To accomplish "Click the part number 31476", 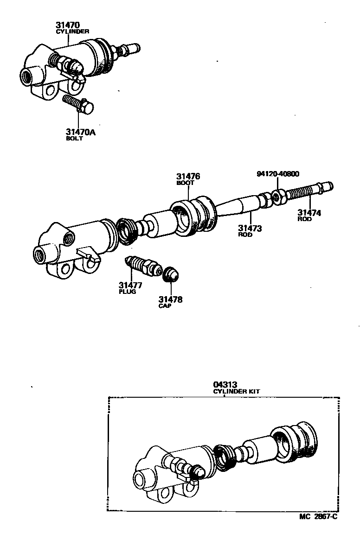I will (x=188, y=176).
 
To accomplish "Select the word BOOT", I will (x=185, y=183).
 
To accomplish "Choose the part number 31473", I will (x=250, y=228).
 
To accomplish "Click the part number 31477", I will (x=130, y=285).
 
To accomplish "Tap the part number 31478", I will (x=170, y=299).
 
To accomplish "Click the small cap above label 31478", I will (x=171, y=274).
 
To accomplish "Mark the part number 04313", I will (x=225, y=384).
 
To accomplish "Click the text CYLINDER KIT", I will (x=237, y=391).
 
